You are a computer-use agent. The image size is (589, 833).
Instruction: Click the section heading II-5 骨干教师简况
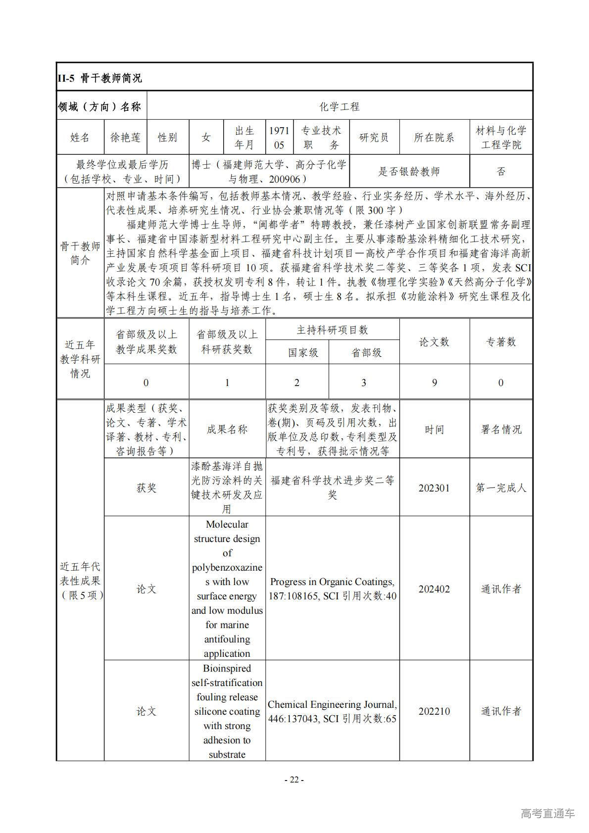[x=100, y=78]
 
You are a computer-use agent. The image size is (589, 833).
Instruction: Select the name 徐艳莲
[x=125, y=138]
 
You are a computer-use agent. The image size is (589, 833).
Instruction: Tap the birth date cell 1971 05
[x=279, y=138]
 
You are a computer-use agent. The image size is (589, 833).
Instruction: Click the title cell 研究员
[x=374, y=138]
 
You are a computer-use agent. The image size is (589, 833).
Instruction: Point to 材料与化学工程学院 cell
[x=501, y=138]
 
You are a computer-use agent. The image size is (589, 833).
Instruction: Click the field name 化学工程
[x=340, y=106]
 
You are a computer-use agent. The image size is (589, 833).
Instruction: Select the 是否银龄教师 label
[x=409, y=172]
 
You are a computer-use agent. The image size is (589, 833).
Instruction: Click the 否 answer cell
[x=501, y=172]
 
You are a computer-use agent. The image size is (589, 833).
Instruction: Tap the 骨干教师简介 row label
[x=80, y=253]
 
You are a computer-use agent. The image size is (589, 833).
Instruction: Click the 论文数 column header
[x=434, y=342]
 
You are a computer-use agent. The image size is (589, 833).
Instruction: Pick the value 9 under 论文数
[x=434, y=383]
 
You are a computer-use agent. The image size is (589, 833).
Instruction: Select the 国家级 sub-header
[x=303, y=353]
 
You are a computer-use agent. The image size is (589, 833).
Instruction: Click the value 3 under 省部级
[x=364, y=383]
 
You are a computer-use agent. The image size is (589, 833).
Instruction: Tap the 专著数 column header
[x=501, y=342]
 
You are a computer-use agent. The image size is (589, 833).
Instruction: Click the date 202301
[x=434, y=488]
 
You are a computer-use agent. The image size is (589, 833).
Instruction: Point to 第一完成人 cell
[x=501, y=488]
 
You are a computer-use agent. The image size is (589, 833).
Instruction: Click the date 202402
[x=434, y=589]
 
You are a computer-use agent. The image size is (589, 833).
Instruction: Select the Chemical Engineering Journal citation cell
[x=332, y=711]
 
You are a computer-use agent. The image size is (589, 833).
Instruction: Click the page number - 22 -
[x=294, y=780]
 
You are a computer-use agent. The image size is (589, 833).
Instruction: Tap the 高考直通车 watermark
[x=547, y=813]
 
